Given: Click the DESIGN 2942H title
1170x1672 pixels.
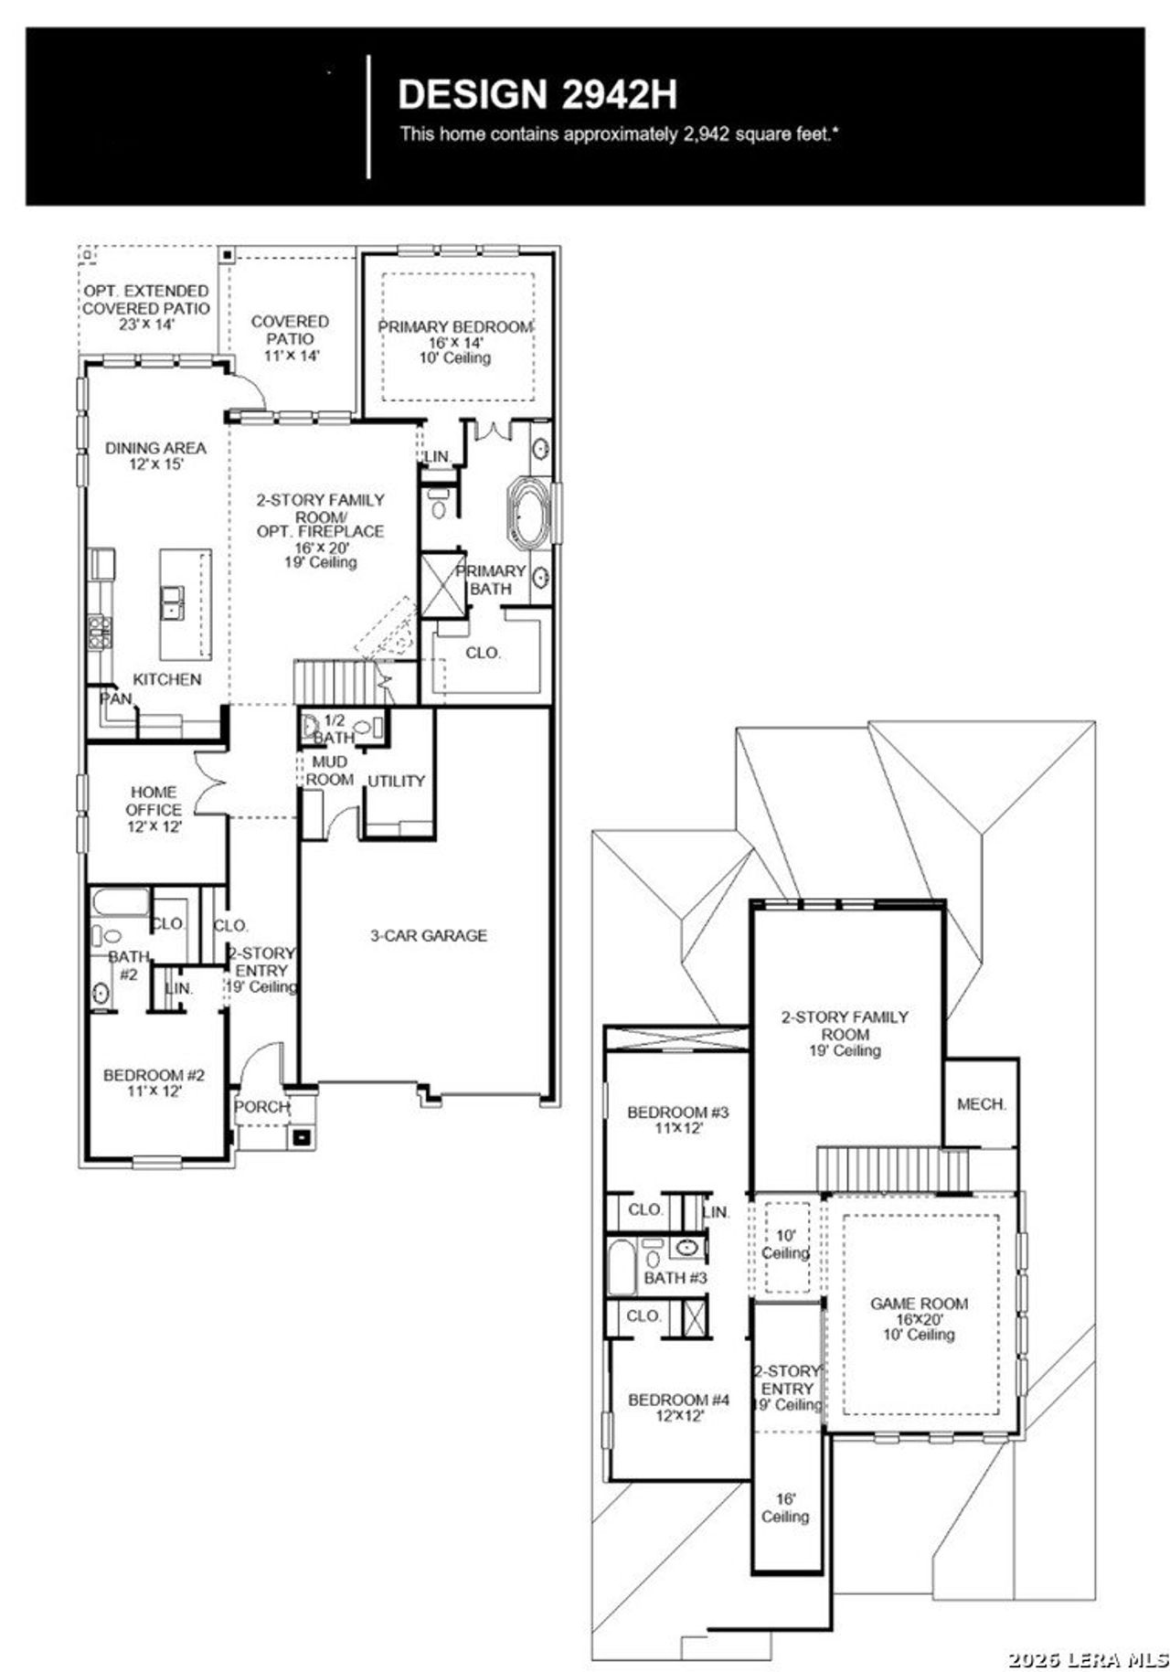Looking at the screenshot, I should click(537, 95).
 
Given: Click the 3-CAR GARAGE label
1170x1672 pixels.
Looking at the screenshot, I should click(428, 935).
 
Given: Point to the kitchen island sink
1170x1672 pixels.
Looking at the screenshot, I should click(172, 602).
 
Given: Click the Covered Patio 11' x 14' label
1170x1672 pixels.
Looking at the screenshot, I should click(290, 338).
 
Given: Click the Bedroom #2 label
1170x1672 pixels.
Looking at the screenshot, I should click(154, 1083).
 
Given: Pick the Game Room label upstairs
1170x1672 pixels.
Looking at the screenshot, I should click(919, 1319).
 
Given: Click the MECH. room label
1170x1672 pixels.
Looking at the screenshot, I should click(981, 1104).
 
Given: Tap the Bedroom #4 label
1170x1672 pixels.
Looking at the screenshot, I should click(678, 1408).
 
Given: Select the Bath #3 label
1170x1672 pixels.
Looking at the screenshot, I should click(675, 1278).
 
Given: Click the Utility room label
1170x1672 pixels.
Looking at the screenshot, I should click(396, 781).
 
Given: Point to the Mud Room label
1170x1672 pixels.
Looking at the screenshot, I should click(329, 771).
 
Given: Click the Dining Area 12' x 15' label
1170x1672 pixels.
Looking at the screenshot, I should click(155, 455).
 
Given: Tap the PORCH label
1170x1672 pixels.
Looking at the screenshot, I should click(261, 1107).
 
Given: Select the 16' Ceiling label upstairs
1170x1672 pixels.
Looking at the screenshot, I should click(785, 1508).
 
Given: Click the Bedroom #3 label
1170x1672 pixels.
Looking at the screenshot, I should click(677, 1120).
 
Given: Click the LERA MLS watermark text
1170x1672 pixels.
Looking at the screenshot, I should click(1087, 1659).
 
